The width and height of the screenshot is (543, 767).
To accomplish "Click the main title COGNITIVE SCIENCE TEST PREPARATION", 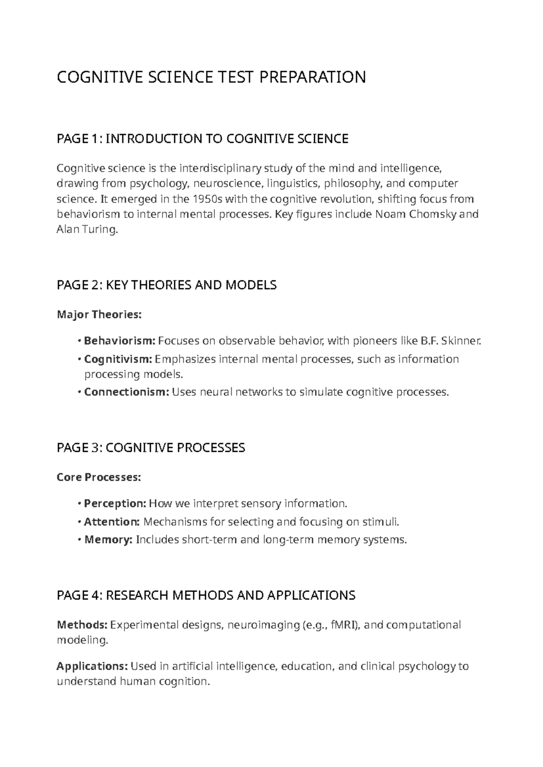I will point(211,77).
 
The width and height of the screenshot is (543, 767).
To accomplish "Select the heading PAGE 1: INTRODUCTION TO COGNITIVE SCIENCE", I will point(202,138).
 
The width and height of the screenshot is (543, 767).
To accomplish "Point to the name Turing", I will point(100,229).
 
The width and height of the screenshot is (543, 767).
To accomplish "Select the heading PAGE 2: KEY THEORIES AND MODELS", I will point(166,285).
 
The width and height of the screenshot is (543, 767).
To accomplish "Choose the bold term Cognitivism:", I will point(118,359).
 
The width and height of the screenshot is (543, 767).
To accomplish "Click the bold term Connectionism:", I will point(126,392).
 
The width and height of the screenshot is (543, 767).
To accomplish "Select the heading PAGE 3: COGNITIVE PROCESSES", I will point(151,448).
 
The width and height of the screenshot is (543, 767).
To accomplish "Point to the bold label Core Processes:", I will point(99,477).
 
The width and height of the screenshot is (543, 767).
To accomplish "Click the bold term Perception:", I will point(115,503).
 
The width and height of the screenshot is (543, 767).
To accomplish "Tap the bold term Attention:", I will point(112,522).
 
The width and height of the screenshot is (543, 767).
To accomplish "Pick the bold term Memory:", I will point(108,540).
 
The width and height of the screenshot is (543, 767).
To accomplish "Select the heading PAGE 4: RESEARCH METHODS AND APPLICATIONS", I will point(206,595).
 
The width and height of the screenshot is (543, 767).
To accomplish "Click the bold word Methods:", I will point(82,625).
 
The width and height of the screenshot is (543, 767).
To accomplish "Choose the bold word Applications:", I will point(92,666).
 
